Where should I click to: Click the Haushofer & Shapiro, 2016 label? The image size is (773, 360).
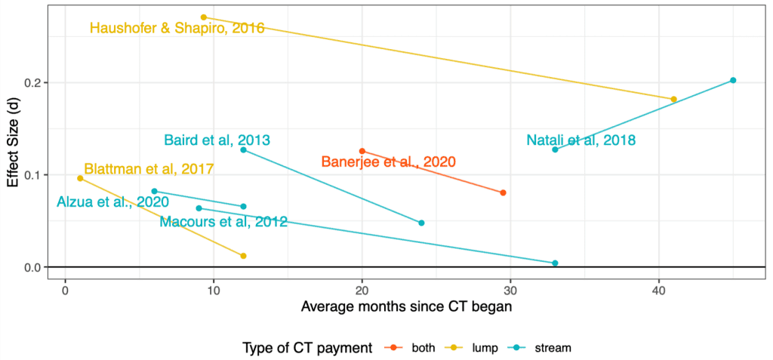(x=177, y=29)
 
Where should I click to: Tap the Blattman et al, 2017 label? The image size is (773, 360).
(x=149, y=169)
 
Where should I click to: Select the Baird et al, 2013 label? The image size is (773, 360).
(x=217, y=140)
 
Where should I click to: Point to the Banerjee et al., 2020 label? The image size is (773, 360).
(x=388, y=162)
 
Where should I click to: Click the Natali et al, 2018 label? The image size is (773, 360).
(x=581, y=140)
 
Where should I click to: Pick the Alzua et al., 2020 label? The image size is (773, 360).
(x=112, y=202)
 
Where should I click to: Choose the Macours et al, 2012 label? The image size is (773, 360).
(x=223, y=221)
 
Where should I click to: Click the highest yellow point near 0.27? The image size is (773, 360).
(x=204, y=17)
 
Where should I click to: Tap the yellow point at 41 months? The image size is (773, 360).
(x=673, y=99)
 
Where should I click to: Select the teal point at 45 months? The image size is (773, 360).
(x=733, y=80)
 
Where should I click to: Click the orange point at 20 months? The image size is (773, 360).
(x=362, y=151)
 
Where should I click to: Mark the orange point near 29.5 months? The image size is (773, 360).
(x=504, y=192)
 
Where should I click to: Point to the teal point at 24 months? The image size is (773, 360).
(x=421, y=223)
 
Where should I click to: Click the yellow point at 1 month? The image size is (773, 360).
(x=80, y=178)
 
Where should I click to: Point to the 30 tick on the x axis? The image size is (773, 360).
(x=510, y=290)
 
